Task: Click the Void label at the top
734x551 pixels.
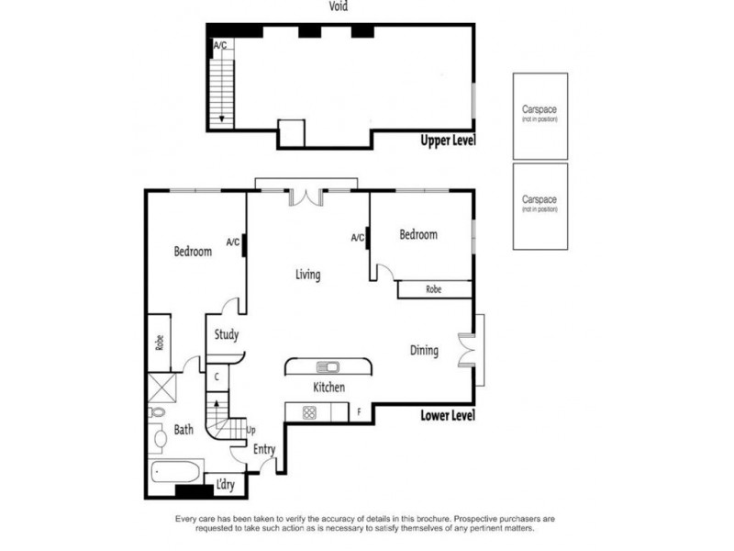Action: tap(339, 6)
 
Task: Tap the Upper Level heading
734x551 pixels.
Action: tap(448, 141)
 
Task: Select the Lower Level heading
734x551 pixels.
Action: tap(448, 415)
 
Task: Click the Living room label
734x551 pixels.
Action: tap(307, 274)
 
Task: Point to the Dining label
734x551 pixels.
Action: tap(424, 350)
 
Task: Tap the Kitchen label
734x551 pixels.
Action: tap(329, 388)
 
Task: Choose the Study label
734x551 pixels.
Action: tap(227, 334)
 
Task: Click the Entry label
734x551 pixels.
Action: tap(264, 449)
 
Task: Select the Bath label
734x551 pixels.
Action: tap(184, 429)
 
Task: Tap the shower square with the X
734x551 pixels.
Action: tap(162, 386)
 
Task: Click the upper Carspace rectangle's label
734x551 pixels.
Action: tap(539, 111)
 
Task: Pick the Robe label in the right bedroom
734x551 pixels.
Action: tap(434, 289)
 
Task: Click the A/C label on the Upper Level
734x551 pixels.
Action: tap(220, 45)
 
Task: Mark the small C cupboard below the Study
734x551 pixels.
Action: tap(216, 377)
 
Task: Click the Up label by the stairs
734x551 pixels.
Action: tap(251, 430)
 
